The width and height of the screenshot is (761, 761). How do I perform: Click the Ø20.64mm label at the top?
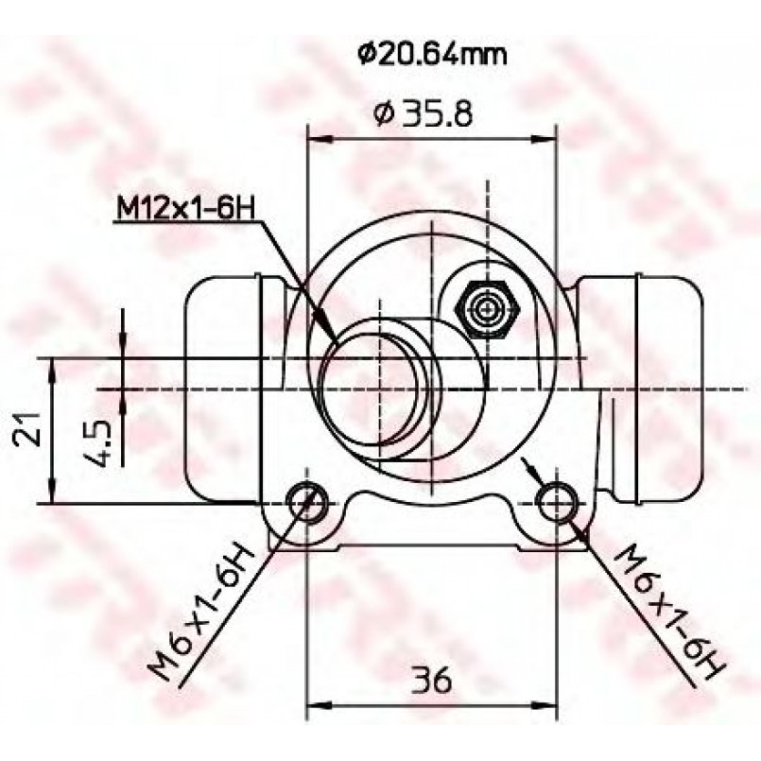point(432,55)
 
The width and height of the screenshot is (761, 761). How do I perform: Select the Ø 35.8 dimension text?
point(423,114)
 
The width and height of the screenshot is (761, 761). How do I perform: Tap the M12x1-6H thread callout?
point(185,208)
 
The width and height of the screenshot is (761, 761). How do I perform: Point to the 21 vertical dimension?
point(26,428)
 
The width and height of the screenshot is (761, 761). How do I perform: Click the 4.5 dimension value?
point(97,443)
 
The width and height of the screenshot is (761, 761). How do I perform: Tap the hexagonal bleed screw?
point(487,309)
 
